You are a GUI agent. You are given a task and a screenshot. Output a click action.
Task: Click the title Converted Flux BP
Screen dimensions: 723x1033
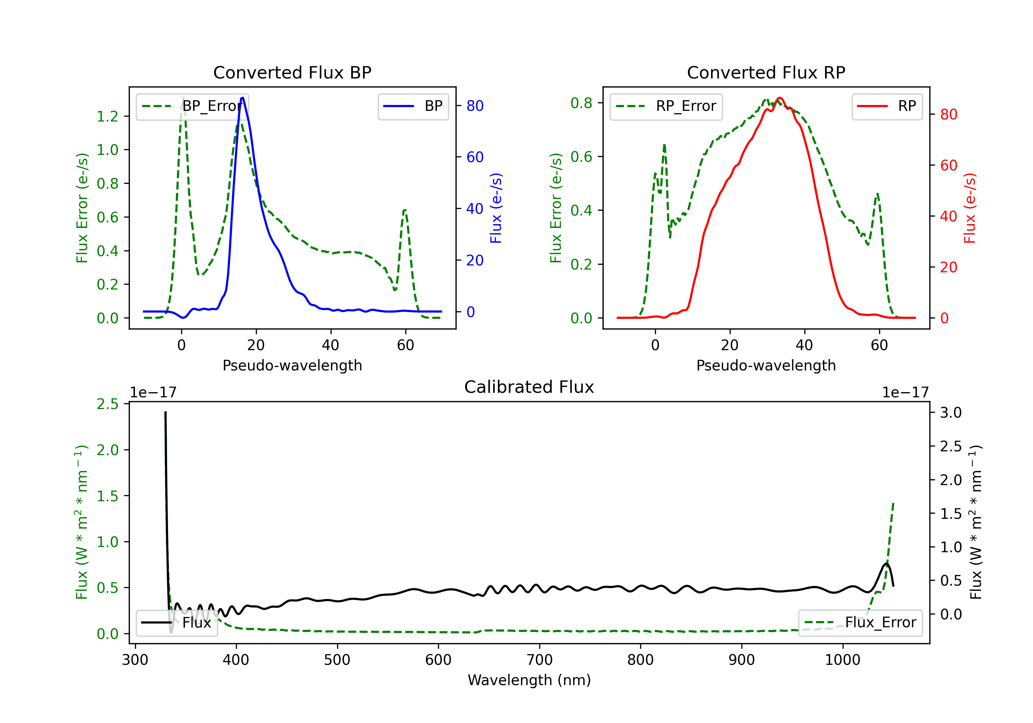pyautogui.click(x=292, y=72)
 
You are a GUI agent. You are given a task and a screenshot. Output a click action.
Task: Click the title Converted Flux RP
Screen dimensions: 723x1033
pyautogui.click(x=766, y=72)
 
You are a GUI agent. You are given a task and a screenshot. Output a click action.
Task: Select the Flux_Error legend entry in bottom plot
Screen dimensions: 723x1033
pyautogui.click(x=860, y=623)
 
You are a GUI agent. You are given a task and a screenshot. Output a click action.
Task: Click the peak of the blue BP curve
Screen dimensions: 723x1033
pyautogui.click(x=242, y=98)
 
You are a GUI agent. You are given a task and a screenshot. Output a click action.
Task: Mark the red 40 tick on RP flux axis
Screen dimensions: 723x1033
pyautogui.click(x=948, y=217)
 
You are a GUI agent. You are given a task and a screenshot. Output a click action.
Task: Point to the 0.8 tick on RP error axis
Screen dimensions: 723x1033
pyautogui.click(x=581, y=103)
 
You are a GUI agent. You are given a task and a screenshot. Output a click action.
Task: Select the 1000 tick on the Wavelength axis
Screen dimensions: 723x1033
pyautogui.click(x=842, y=660)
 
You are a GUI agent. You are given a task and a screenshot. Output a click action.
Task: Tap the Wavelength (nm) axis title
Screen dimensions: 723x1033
pyautogui.click(x=529, y=680)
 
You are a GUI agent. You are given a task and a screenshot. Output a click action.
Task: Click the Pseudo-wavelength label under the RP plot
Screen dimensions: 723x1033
pyautogui.click(x=766, y=365)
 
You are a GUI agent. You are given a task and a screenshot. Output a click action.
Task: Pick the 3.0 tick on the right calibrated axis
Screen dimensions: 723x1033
pyautogui.click(x=950, y=412)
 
